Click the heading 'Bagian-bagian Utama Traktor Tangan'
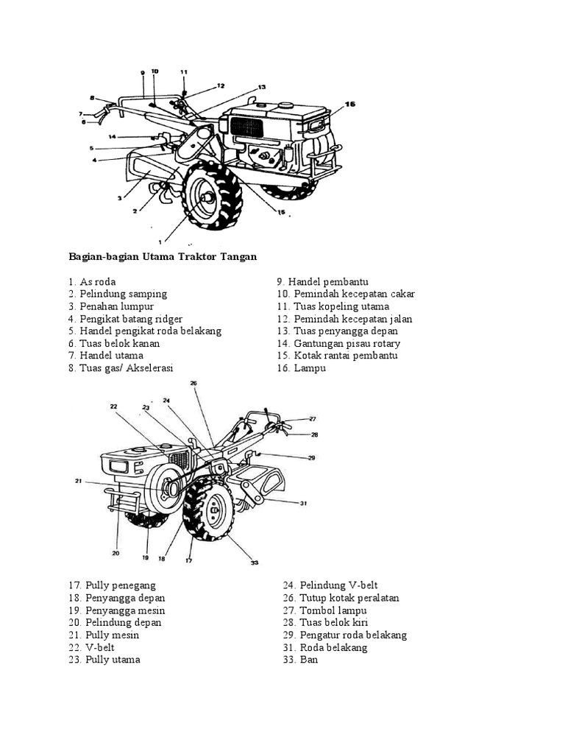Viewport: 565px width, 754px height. click(x=163, y=256)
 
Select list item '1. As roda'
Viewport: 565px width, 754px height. click(x=92, y=281)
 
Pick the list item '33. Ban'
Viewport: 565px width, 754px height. click(x=300, y=660)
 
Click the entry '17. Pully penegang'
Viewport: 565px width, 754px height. click(x=110, y=585)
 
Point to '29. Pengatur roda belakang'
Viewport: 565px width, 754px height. click(x=344, y=635)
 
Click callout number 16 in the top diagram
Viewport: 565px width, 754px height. click(x=349, y=105)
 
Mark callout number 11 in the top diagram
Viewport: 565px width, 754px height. click(x=184, y=72)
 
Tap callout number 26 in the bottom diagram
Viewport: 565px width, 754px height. click(x=193, y=384)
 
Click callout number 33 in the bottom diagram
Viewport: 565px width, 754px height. click(x=255, y=563)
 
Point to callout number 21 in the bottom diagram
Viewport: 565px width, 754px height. click(x=77, y=482)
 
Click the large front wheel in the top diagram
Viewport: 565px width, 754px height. click(x=210, y=197)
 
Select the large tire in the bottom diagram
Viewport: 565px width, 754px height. click(x=209, y=508)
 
